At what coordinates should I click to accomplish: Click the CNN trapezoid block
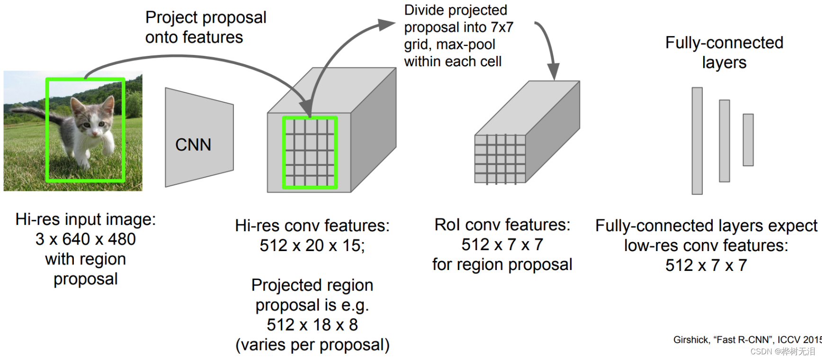coord(199,137)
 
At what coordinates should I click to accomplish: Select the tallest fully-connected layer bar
coord(697,141)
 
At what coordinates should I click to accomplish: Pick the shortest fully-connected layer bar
coord(748,140)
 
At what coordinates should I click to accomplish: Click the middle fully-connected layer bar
coord(724,141)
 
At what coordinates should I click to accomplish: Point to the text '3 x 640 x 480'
coord(86,239)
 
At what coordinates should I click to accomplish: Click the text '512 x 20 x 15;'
coord(313,245)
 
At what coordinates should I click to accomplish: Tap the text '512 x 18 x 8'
coord(313,325)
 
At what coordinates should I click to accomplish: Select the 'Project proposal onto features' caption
coord(206,27)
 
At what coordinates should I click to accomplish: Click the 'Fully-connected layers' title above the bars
coord(724,52)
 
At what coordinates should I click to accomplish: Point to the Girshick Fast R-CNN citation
coord(747,340)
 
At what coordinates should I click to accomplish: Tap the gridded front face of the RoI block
coord(500,159)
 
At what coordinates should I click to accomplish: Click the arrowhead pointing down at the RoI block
coord(553,72)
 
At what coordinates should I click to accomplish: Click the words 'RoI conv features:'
coord(502,225)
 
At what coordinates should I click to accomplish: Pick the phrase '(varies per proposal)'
coord(313,345)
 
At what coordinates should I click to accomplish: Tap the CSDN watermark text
coord(783,351)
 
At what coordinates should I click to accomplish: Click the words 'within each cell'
coord(453,62)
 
